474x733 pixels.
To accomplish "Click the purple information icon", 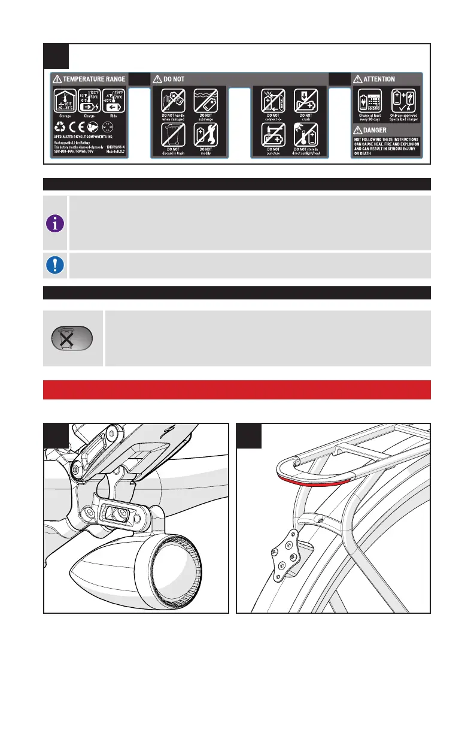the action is tap(56, 223).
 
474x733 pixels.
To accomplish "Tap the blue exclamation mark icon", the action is tap(56, 265).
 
